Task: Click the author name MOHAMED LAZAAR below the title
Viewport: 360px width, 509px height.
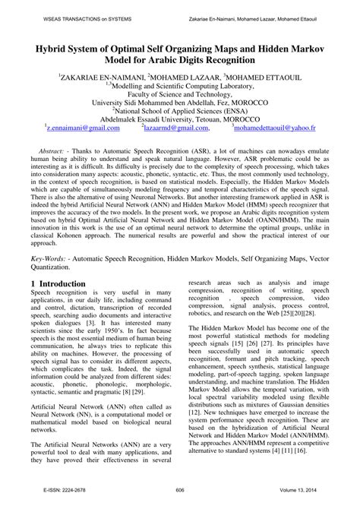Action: pos(182,78)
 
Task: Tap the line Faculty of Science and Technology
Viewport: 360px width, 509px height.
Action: pos(179,99)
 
